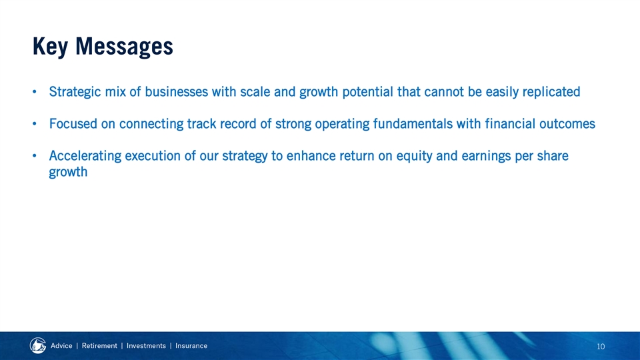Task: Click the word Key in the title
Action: (x=50, y=47)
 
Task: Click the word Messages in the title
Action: (x=125, y=47)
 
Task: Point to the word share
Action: (x=550, y=156)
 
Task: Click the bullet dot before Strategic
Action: (x=35, y=92)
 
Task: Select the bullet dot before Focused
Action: (x=35, y=124)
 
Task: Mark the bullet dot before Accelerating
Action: (x=35, y=156)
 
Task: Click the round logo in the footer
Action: (x=38, y=346)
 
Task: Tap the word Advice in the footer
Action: (x=61, y=346)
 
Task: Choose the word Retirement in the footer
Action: (x=99, y=346)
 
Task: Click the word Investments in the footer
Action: (x=146, y=346)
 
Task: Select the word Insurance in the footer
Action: (x=191, y=346)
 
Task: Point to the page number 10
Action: (x=601, y=347)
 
